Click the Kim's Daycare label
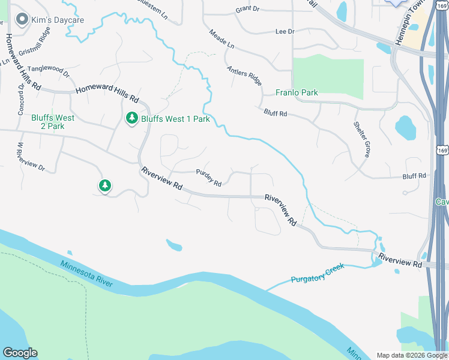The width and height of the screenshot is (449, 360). [59, 20]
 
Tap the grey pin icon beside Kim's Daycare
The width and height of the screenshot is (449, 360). [23, 20]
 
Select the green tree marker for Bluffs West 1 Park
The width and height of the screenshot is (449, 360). [132, 119]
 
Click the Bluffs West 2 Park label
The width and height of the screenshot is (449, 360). [53, 122]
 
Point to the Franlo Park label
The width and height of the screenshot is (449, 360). [297, 92]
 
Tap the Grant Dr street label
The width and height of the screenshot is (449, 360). [247, 9]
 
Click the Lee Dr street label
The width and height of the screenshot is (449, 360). [285, 31]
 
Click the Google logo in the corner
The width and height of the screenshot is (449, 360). [20, 353]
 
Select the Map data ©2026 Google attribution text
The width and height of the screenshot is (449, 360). [412, 355]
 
